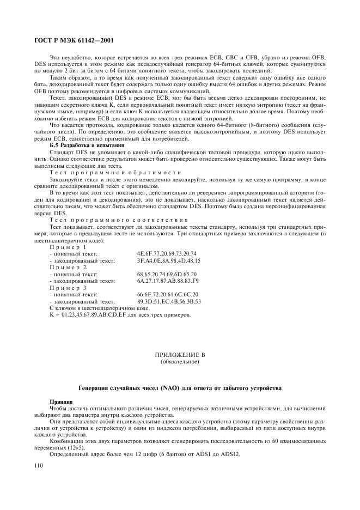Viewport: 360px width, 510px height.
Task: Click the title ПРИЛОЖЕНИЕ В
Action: [180, 355]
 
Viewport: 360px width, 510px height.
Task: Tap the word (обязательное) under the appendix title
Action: [180, 361]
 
